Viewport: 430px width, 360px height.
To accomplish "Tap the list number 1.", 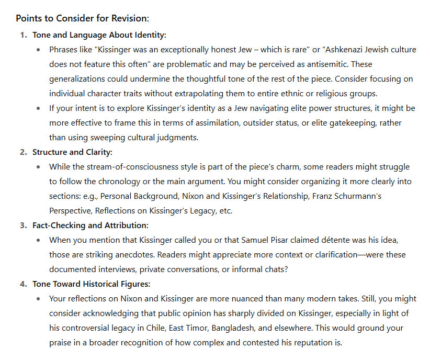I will pos(23,35).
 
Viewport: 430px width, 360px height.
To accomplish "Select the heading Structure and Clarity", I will pos(72,152).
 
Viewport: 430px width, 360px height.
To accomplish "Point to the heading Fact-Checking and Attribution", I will pos(90,226).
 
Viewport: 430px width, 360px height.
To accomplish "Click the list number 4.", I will pos(23,284).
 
